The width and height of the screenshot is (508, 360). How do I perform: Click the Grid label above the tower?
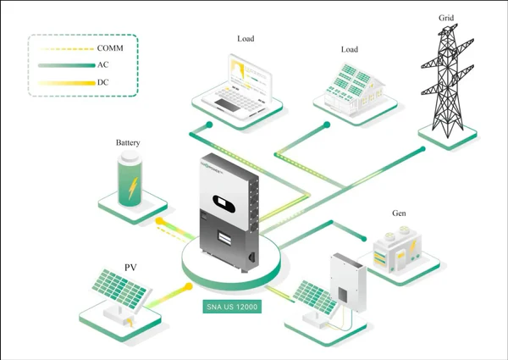[447, 17]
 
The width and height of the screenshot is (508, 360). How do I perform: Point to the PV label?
[130, 268]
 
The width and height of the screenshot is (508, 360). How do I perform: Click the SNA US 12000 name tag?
[231, 307]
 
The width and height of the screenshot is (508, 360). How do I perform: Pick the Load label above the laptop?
[246, 39]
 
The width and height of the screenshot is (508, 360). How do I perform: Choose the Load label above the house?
[350, 49]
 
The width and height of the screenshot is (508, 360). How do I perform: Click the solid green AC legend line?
[67, 65]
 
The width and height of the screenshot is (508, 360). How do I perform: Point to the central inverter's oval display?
[224, 203]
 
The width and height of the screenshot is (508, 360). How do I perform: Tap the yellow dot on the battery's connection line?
[157, 221]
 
